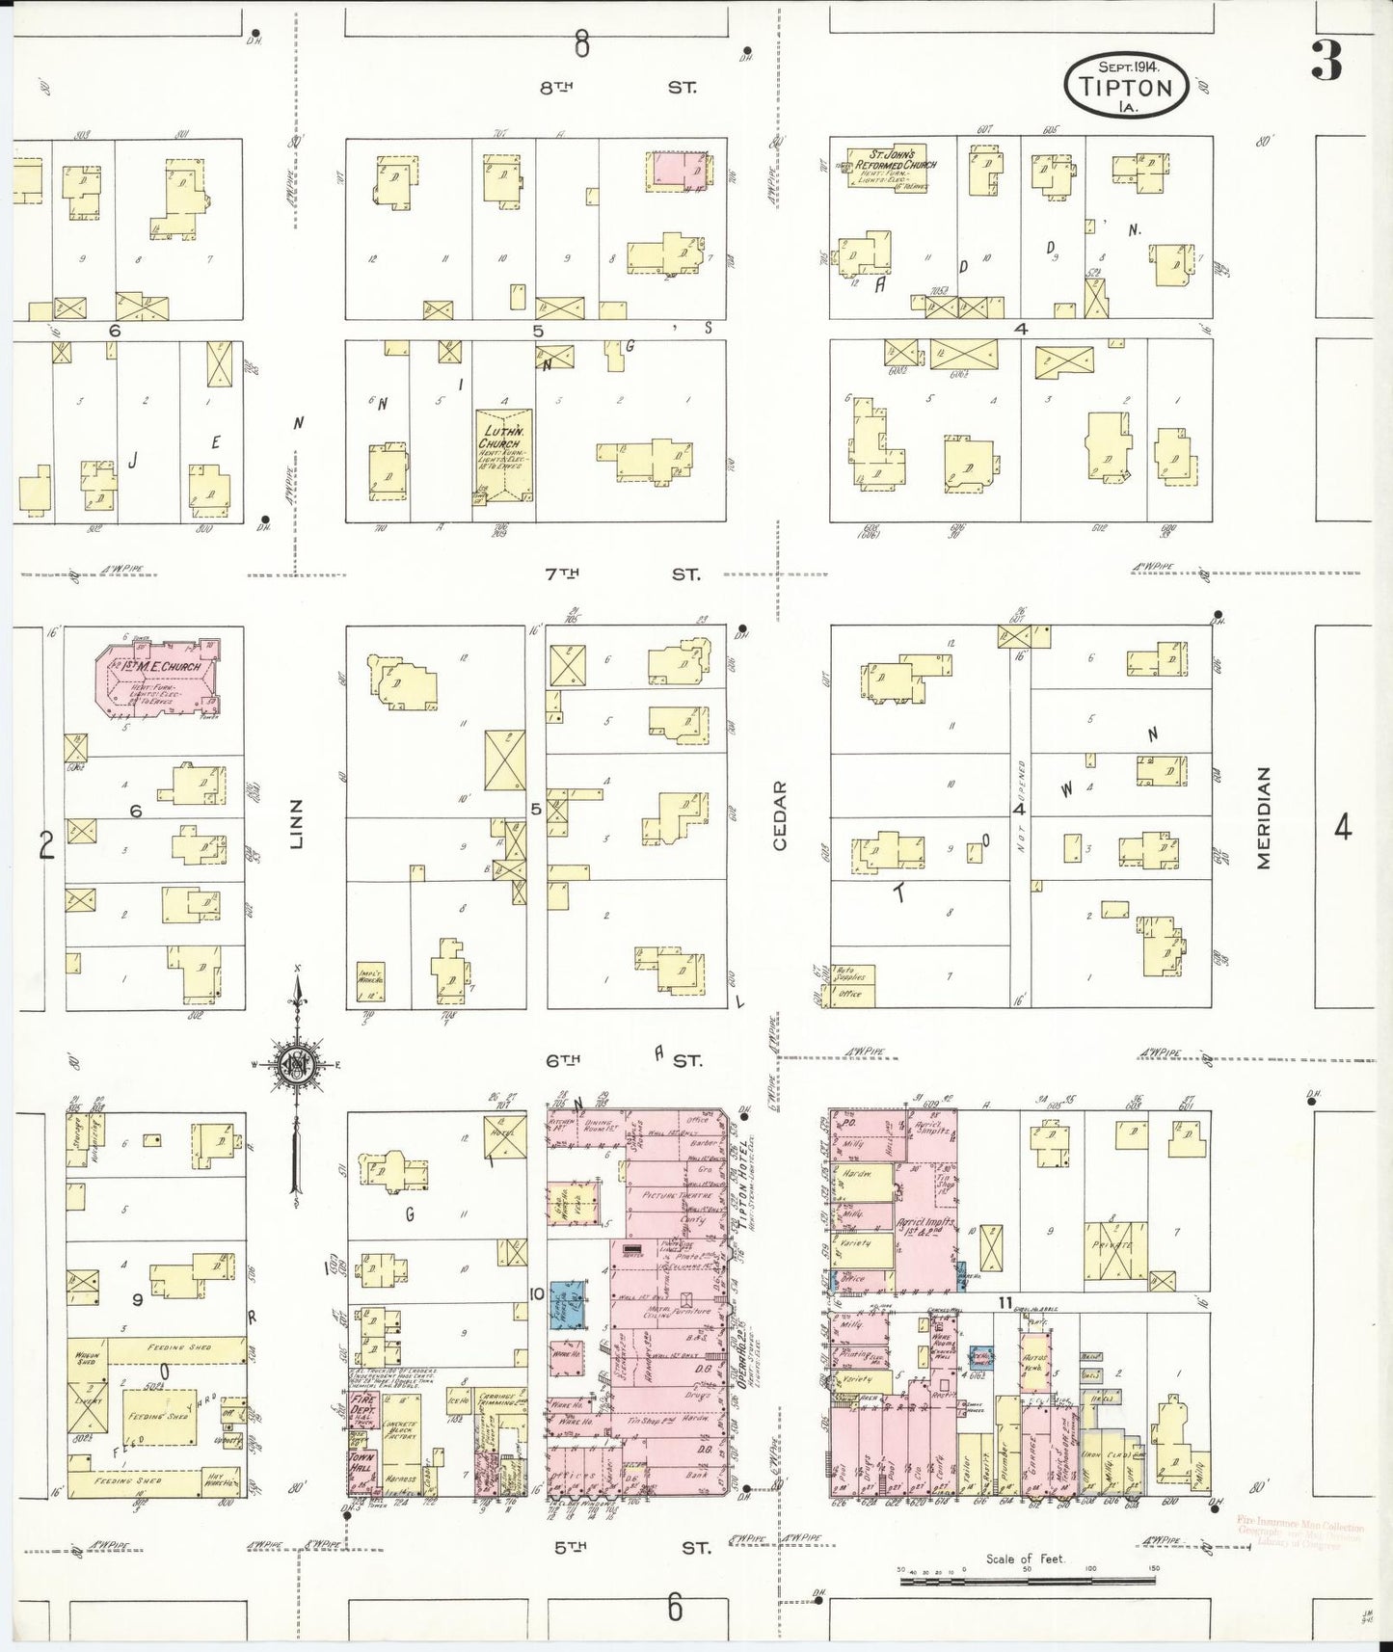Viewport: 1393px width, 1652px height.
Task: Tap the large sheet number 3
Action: (x=1327, y=62)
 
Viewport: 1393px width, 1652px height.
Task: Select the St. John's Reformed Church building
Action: (x=888, y=166)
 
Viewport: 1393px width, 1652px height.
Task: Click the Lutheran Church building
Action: (x=502, y=456)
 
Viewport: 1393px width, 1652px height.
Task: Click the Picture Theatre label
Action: (x=669, y=1195)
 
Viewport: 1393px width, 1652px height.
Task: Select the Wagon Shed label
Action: (x=87, y=1359)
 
